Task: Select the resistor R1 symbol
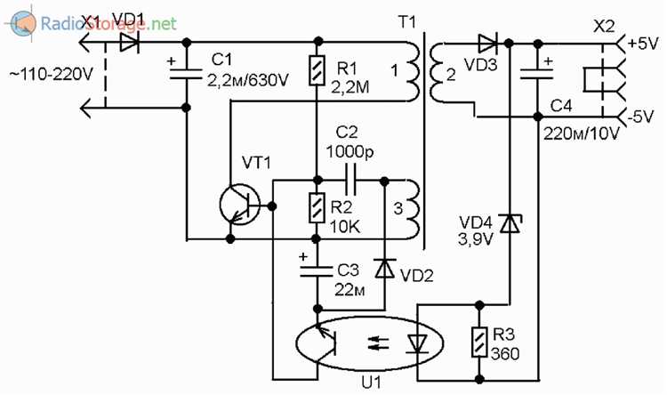pos(317,70)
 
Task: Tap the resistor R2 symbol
pos(317,207)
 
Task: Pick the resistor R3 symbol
pos(479,343)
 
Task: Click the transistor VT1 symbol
pos(239,206)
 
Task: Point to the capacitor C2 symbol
pos(350,181)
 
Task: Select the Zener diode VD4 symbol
pos(510,223)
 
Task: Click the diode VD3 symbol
pos(488,43)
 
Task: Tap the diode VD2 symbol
pos(384,269)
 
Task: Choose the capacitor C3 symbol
pos(316,271)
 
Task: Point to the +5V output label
pos(642,44)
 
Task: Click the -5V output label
pos(640,117)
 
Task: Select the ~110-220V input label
pos(52,75)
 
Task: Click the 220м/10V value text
pos(582,133)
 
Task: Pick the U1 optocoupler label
pos(372,383)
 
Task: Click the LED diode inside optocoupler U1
pos(417,343)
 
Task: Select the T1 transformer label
pos(407,22)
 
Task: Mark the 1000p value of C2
pos(350,151)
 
